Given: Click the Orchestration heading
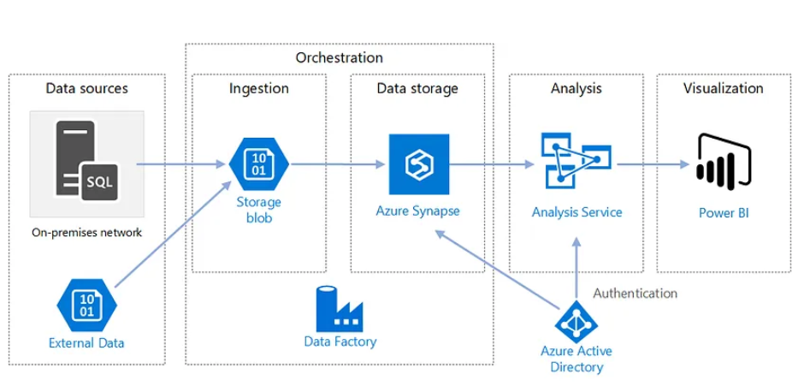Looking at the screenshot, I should pos(339,58).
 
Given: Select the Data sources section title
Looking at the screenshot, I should pos(86,88).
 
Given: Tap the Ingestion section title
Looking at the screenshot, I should pos(258,88).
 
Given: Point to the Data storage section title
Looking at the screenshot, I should pos(417,88).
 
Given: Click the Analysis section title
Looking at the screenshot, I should pos(576,88).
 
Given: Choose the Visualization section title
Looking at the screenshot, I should pos(723,88).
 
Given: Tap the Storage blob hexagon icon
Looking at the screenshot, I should pos(258,163).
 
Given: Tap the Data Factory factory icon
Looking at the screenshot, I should pos(340,309).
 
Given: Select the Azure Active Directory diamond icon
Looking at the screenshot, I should pos(576,320).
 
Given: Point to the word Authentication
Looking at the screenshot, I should pos(635,293).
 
